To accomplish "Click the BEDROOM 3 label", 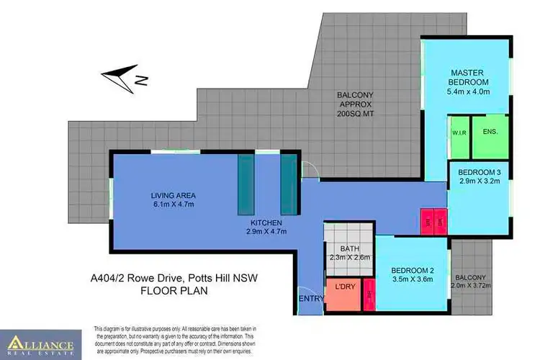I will tap(479, 172).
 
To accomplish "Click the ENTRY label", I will tap(310, 298).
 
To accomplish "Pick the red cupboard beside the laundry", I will tap(370, 295).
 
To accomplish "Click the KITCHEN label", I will tap(266, 222).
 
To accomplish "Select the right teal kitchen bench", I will tap(288, 183).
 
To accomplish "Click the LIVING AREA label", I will tap(174, 196).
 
